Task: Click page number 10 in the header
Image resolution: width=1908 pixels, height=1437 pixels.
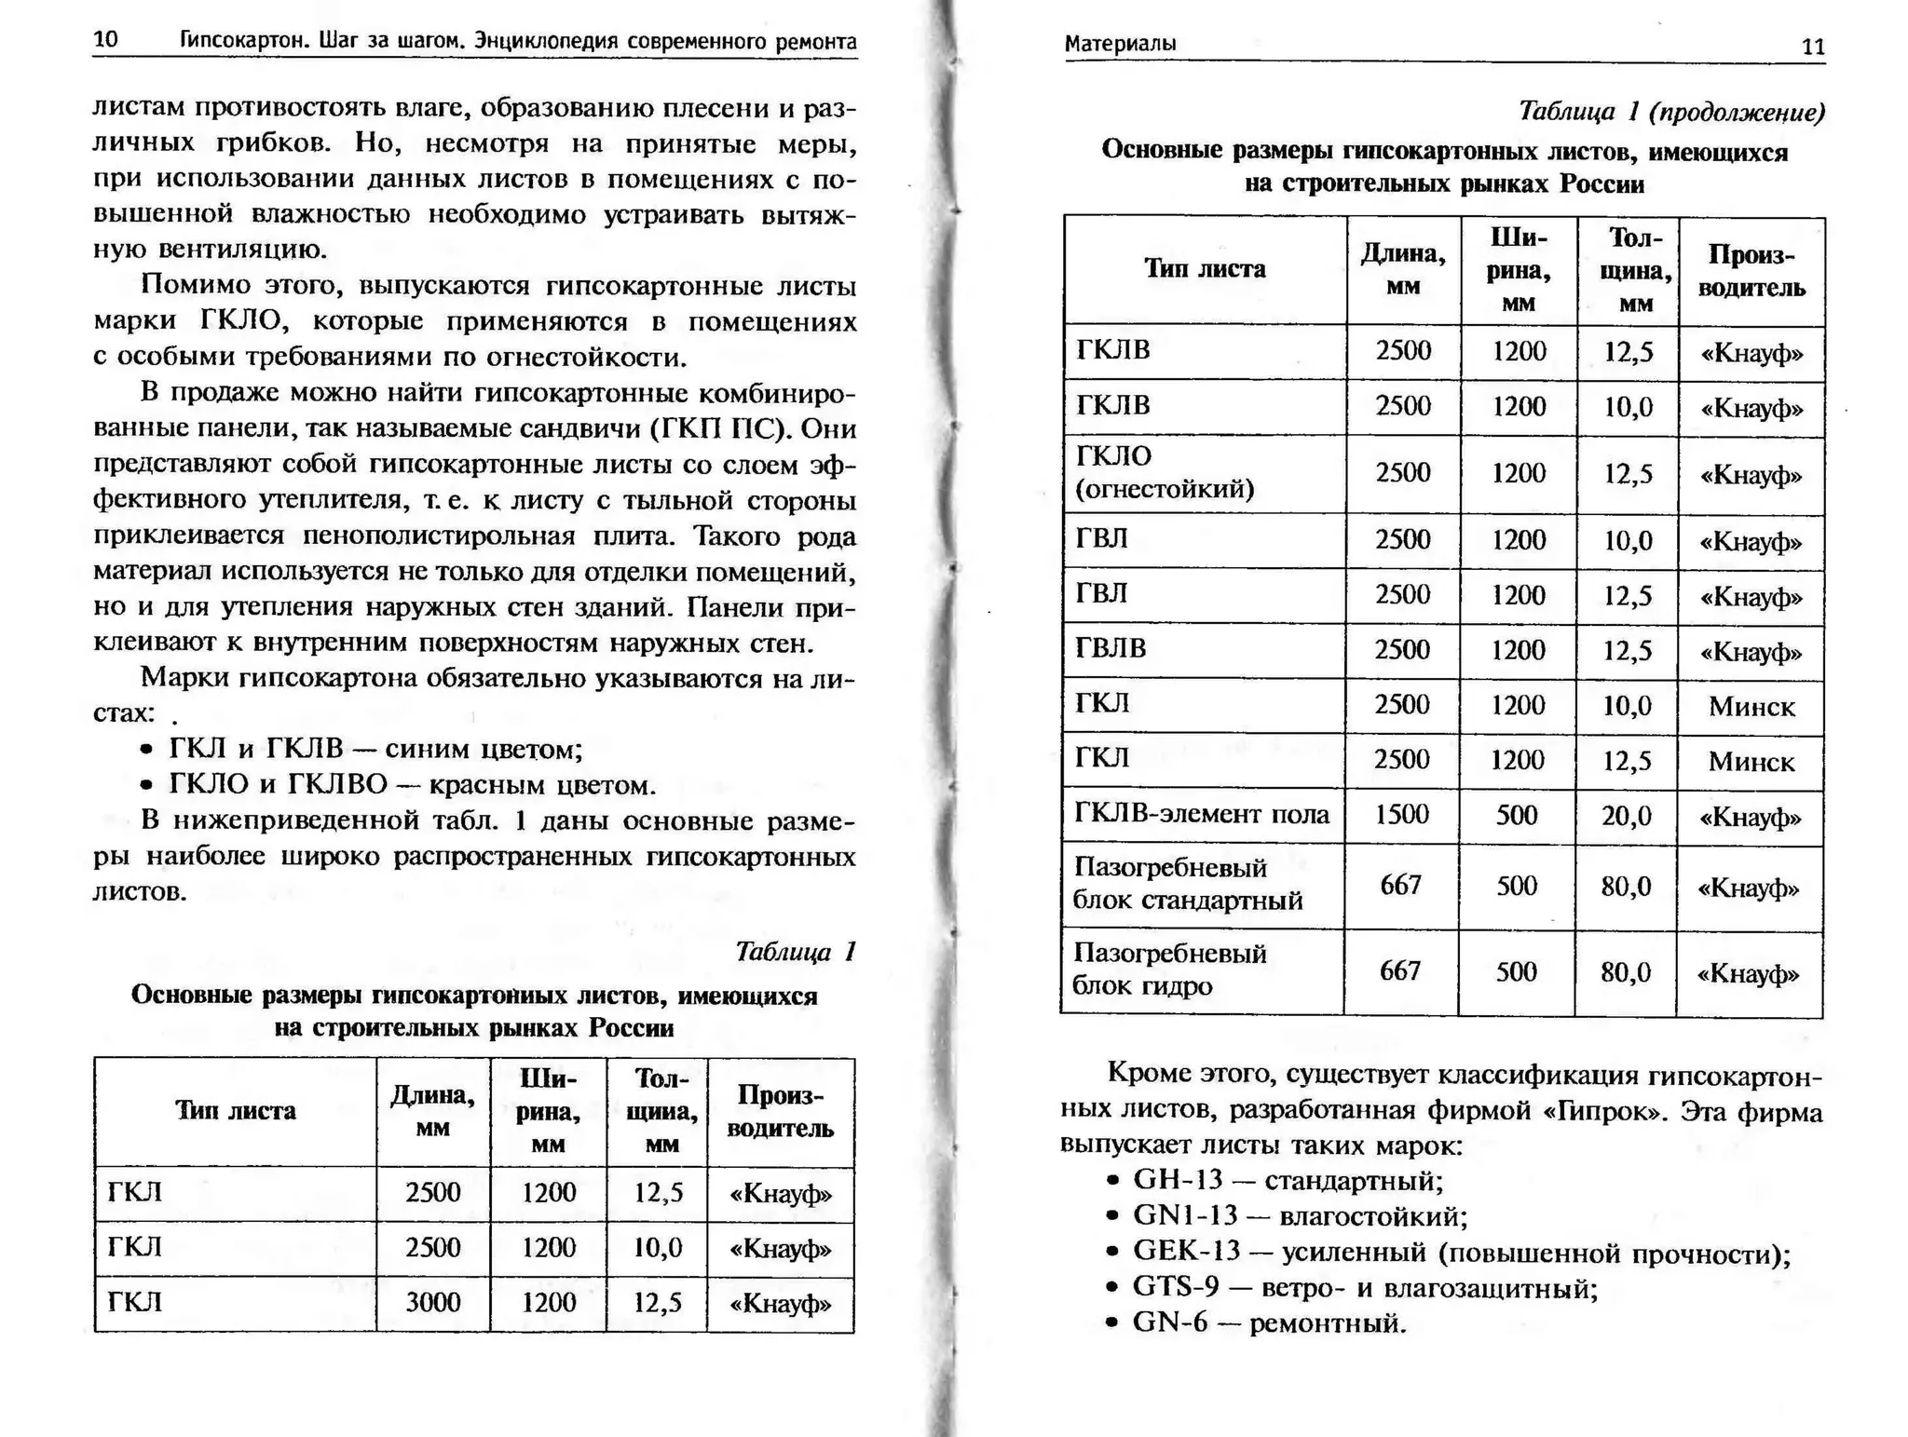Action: (105, 40)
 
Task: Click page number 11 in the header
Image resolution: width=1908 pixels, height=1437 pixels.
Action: (1813, 47)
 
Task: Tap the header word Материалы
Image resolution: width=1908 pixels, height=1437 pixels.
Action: (1120, 44)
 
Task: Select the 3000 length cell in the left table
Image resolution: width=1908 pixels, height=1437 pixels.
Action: (432, 1302)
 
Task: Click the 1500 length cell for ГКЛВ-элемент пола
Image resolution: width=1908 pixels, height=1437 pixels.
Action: (1401, 815)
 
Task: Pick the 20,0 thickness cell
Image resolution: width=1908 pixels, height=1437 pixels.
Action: (1626, 817)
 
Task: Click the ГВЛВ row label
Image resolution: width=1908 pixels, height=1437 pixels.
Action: (1111, 648)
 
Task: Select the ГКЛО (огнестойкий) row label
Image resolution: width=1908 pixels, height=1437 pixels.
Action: (1165, 472)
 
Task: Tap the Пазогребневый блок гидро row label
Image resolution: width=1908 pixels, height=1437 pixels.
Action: (1169, 969)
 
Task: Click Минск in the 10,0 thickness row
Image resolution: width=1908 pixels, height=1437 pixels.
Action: (1751, 707)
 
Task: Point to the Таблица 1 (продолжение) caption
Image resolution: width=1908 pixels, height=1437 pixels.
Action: (1671, 112)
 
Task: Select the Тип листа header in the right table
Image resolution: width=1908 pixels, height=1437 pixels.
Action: (1205, 270)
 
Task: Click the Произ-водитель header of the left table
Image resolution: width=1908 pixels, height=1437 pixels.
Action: (780, 1112)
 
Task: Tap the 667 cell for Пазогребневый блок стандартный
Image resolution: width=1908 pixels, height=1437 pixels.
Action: (1400, 886)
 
